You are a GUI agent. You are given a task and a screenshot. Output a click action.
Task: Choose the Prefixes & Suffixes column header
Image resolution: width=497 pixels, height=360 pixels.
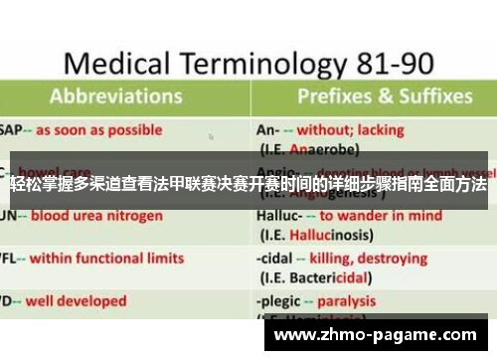[x=385, y=97]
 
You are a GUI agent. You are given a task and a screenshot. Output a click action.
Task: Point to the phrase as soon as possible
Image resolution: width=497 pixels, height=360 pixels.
[x=99, y=129]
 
